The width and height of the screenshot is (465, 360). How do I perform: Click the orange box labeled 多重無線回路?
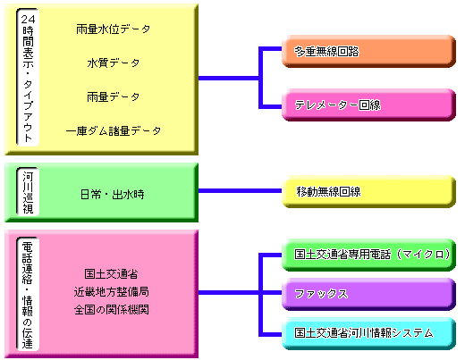coord(368,51)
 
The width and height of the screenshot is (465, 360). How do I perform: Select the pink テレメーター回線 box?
coord(368,105)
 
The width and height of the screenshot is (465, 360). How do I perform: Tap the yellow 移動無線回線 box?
coord(368,191)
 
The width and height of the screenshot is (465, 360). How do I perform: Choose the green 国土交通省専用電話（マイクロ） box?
coord(368,255)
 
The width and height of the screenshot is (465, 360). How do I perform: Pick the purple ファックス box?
coord(368,294)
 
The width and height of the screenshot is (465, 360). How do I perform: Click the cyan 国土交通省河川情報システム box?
coord(368,333)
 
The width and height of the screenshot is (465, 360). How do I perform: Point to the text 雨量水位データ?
coord(113,29)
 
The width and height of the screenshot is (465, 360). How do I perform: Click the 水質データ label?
coord(113,63)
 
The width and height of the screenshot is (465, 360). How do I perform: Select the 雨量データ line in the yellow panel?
coord(113,96)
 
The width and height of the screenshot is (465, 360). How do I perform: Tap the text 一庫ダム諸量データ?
coord(113,130)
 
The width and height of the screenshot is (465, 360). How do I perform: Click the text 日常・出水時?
coord(113,195)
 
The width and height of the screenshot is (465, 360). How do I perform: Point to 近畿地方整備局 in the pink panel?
coord(111,292)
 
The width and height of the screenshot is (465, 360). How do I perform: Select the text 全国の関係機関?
coord(111,310)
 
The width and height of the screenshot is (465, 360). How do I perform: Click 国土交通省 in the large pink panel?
coord(111,274)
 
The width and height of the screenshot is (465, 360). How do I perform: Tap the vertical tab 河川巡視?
coord(28,191)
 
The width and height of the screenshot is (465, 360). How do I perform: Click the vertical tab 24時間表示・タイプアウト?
coord(28,78)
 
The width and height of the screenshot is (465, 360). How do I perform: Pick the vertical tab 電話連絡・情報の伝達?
coord(28,294)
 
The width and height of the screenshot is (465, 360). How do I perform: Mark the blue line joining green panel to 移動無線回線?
coord(241,190)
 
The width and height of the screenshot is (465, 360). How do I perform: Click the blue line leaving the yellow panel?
coord(229,79)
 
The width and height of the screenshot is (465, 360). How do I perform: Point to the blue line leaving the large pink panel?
coord(229,292)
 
